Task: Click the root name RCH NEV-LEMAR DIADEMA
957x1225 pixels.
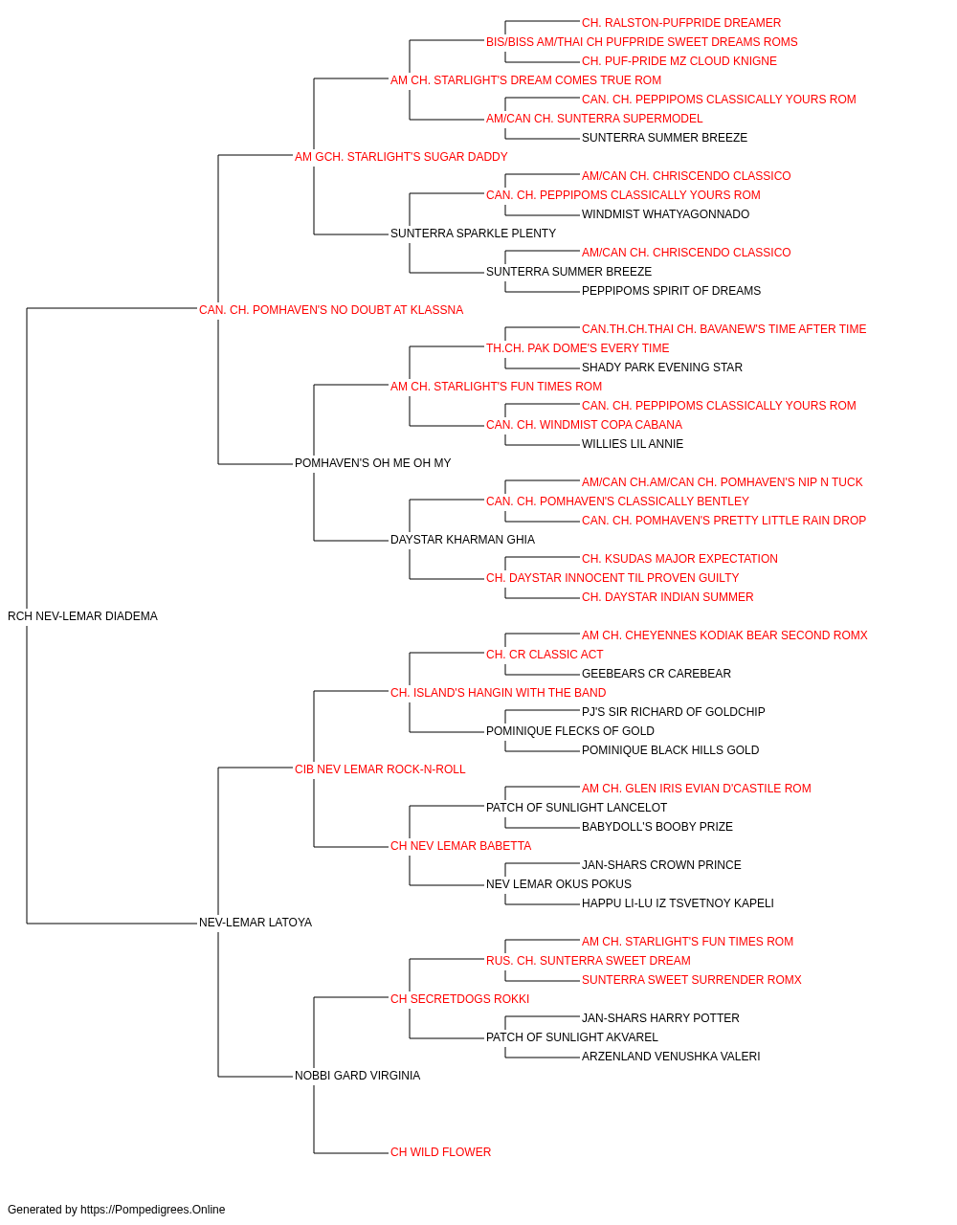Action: (x=82, y=616)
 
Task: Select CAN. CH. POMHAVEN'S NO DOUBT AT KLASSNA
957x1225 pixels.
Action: (x=331, y=310)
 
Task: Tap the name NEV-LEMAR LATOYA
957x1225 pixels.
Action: (x=256, y=923)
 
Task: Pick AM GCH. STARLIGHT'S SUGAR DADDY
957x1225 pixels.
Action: (x=401, y=157)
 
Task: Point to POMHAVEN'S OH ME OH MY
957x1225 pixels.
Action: (x=372, y=463)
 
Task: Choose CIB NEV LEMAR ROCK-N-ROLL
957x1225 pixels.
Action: (x=380, y=769)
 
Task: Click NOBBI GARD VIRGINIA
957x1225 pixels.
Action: (x=357, y=1076)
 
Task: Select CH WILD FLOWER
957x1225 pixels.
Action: (x=441, y=1152)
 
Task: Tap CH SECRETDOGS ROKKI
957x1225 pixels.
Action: (x=460, y=999)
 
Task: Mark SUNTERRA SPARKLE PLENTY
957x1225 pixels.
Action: (x=473, y=234)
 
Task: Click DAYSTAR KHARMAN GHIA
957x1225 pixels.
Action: (x=462, y=540)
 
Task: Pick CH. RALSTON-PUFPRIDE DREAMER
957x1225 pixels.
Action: (x=681, y=23)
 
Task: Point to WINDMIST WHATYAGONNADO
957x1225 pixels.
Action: (x=666, y=214)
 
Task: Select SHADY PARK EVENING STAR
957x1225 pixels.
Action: (x=662, y=367)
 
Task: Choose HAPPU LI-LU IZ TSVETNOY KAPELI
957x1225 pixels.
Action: (x=678, y=903)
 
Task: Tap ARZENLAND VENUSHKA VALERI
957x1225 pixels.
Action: (x=671, y=1057)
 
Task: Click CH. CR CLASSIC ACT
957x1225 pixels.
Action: (x=545, y=655)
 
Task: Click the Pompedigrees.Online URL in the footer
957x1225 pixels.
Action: (x=152, y=1210)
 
